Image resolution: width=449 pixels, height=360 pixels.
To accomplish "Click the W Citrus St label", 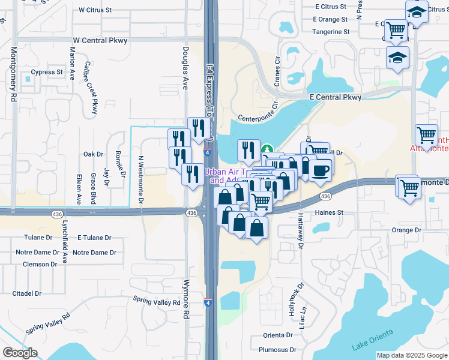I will (95, 10).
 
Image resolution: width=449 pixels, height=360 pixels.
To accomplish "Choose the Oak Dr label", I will (94, 154).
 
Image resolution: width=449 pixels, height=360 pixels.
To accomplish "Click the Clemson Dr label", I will (39, 264).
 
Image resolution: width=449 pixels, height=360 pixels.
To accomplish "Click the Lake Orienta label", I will (373, 340).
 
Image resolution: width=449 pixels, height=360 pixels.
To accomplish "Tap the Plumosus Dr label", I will (277, 350).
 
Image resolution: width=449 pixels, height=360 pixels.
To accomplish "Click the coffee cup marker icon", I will (320, 169).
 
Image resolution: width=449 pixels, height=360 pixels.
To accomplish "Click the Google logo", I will (20, 353).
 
